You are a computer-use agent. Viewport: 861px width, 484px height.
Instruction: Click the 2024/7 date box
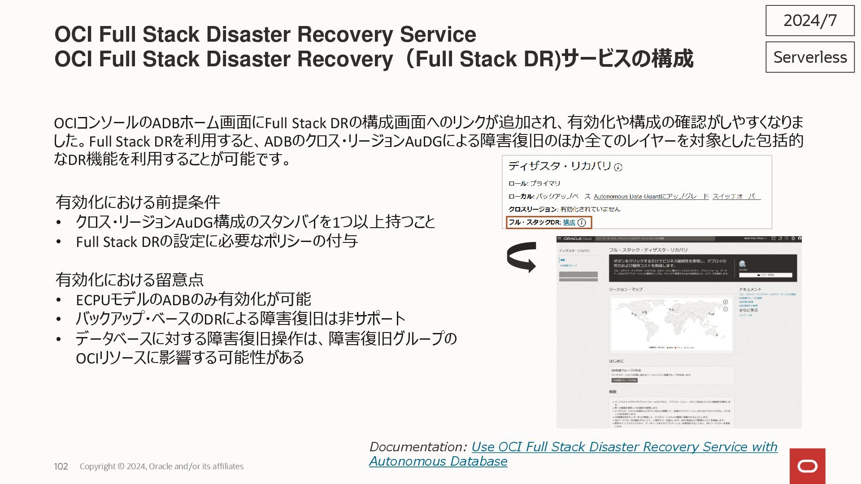810,21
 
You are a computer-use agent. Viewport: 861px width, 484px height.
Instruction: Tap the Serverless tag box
810,57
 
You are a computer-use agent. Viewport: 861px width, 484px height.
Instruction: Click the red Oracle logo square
807,466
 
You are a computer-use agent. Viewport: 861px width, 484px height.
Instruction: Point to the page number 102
61,466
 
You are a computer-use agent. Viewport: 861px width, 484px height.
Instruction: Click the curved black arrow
522,257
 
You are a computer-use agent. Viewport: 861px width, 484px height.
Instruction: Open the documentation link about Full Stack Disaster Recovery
624,447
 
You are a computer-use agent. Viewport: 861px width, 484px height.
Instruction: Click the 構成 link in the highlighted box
569,222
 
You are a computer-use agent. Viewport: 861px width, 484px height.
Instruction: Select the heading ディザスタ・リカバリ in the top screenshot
560,166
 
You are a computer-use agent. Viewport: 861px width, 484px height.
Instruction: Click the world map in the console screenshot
671,323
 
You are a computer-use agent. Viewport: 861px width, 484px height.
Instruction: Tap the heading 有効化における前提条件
138,202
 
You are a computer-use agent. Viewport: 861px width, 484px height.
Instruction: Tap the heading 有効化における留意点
129,280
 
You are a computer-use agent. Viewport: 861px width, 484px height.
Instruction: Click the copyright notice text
161,466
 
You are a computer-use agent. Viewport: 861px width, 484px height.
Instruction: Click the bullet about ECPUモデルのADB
193,299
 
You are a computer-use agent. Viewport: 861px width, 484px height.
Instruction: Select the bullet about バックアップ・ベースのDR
240,319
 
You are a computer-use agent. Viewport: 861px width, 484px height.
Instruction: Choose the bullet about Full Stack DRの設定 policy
217,242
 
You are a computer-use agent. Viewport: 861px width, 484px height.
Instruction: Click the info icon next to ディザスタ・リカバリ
618,167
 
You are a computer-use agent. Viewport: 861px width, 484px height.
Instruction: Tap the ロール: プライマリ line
534,183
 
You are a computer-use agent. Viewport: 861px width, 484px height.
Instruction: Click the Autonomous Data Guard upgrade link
651,196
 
